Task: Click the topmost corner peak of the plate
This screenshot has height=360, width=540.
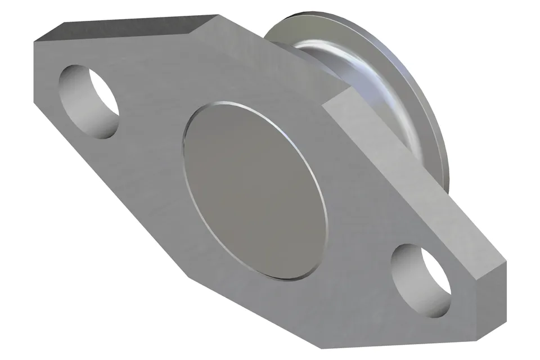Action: (219, 15)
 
